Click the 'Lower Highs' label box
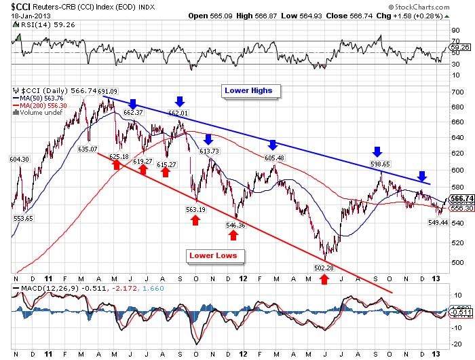[248, 90]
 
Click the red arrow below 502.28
[324, 279]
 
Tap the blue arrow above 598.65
[378, 151]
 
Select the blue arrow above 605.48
[273, 145]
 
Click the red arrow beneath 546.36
[233, 235]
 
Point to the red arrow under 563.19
[195, 220]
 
